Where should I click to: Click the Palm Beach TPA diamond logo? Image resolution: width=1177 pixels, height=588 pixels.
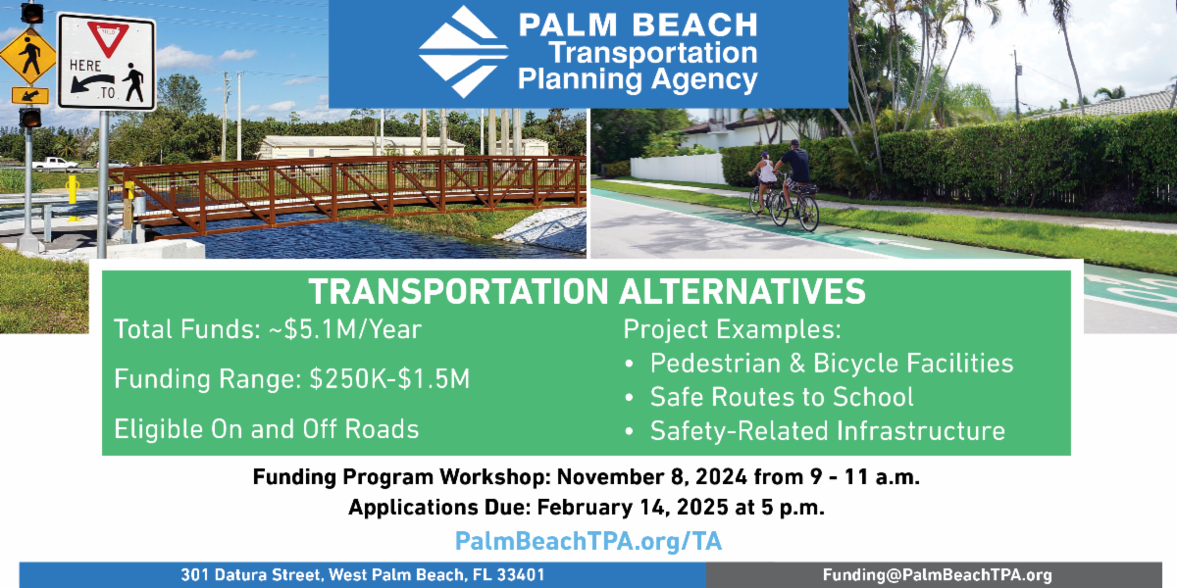coord(463,52)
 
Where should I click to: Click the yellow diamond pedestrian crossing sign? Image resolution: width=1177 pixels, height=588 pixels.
coord(28,56)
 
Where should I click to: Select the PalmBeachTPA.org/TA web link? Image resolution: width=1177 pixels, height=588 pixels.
coord(588,541)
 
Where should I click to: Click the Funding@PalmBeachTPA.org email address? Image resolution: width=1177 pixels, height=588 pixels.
coord(938,575)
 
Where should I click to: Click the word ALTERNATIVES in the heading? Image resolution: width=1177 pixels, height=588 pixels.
coord(742,291)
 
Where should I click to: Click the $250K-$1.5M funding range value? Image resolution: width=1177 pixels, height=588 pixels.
coord(389,379)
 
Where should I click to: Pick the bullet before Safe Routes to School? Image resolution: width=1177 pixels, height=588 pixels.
coord(630,398)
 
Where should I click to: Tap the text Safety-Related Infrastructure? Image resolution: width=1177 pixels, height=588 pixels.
coord(828,431)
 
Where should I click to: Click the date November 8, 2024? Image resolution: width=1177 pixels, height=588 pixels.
coord(652,476)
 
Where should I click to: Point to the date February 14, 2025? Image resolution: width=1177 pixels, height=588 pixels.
coord(633,508)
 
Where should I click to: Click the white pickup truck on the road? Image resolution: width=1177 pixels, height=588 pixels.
coord(55,165)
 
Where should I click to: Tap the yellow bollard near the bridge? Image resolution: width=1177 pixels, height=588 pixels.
coord(73,197)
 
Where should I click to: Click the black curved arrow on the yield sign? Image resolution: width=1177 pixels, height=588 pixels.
coord(93,81)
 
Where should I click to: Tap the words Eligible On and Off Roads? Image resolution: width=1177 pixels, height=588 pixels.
coord(267,429)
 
